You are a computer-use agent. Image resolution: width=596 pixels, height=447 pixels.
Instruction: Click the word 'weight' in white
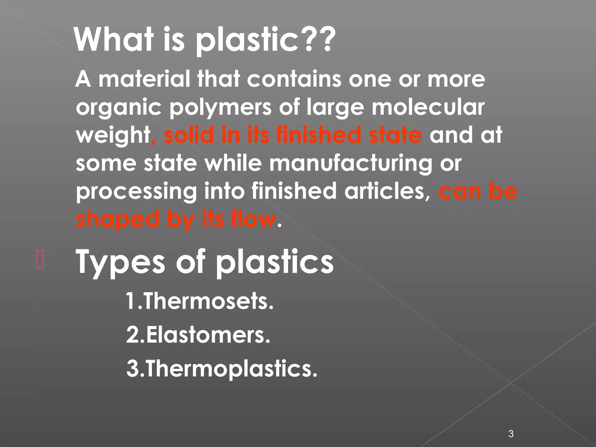pos(113,136)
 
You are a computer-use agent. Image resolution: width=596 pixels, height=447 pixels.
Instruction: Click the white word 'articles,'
pos(387,191)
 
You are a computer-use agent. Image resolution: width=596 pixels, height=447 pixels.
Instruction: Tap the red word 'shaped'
pos(118,220)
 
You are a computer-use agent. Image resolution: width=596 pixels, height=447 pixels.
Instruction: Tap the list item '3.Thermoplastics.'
pos(221,368)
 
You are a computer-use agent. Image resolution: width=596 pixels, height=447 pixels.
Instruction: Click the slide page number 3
pos(511,426)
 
